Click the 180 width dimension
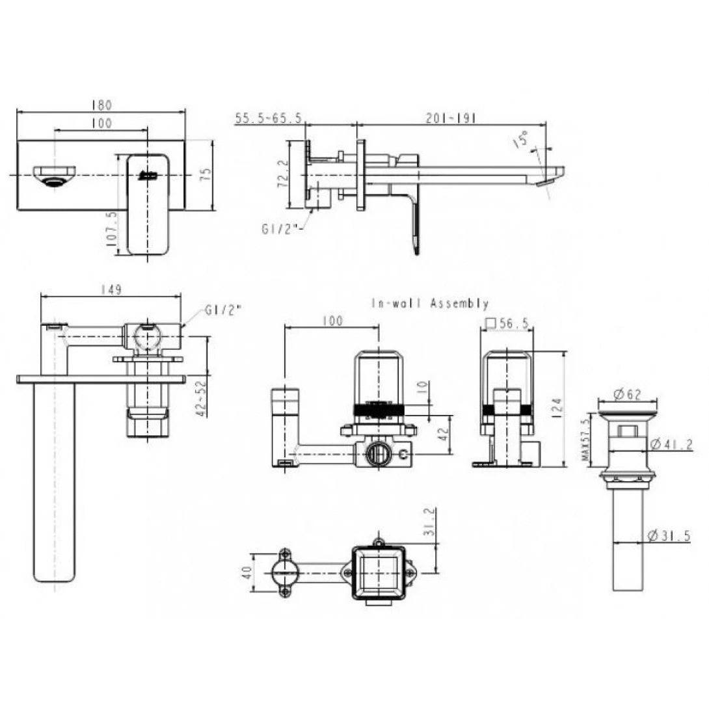coord(101,105)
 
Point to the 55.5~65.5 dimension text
coord(268,118)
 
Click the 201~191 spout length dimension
coord(451,118)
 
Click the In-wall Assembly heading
coord(430,303)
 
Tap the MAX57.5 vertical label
coord(586,442)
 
